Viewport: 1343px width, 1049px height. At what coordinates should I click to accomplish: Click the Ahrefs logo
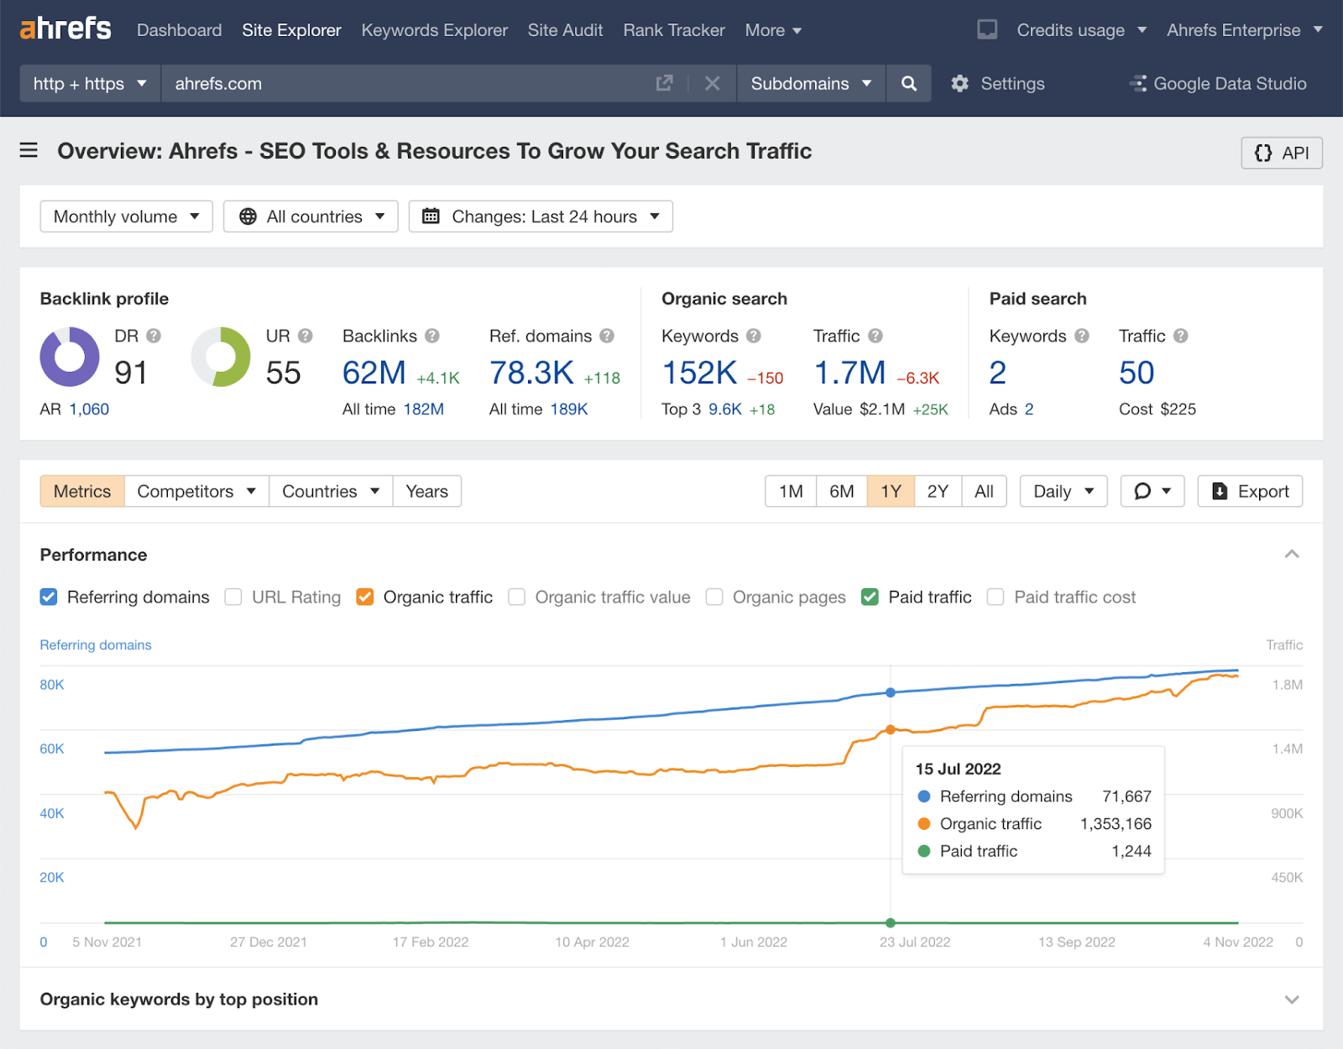65,29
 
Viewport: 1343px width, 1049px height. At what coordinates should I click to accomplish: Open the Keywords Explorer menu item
434,30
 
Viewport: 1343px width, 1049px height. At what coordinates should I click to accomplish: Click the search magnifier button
908,84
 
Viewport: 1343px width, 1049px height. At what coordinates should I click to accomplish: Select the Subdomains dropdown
811,84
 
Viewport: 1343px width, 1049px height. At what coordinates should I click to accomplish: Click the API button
1281,153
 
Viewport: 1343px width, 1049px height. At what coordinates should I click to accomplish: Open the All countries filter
311,217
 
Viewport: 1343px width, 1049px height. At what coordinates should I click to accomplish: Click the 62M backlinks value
374,373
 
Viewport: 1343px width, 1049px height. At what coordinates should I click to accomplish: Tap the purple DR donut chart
70,357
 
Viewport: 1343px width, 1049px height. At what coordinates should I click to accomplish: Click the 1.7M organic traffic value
849,373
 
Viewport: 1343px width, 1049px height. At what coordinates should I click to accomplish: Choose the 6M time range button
841,492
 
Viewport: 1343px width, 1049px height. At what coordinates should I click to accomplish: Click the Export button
1250,492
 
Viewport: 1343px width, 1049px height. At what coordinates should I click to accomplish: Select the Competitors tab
196,492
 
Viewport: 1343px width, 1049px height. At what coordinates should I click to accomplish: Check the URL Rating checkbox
233,597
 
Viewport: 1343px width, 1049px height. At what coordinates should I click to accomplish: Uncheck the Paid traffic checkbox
870,597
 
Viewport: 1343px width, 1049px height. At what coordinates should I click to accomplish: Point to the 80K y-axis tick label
52,685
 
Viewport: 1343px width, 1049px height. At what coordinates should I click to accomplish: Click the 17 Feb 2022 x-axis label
431,942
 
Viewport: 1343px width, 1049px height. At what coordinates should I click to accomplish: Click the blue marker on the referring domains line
891,692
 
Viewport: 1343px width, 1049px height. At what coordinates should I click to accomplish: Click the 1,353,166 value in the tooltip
1116,824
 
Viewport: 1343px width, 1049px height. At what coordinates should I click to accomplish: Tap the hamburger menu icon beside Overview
29,150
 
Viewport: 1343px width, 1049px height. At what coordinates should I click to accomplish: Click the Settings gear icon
959,84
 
